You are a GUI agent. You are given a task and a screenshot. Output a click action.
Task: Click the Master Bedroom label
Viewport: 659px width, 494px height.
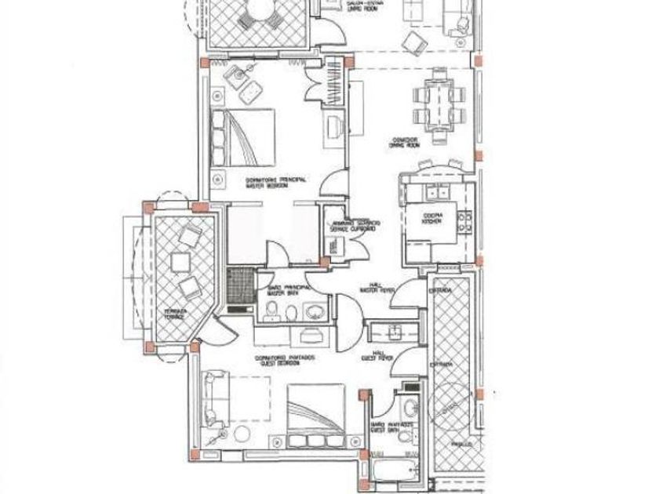(x=263, y=183)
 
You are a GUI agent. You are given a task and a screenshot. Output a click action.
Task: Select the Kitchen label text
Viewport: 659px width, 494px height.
(x=434, y=218)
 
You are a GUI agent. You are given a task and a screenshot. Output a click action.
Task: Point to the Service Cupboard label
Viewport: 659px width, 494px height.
(x=355, y=226)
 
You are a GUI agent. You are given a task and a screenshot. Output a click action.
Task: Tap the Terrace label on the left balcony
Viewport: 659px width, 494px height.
(x=174, y=314)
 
